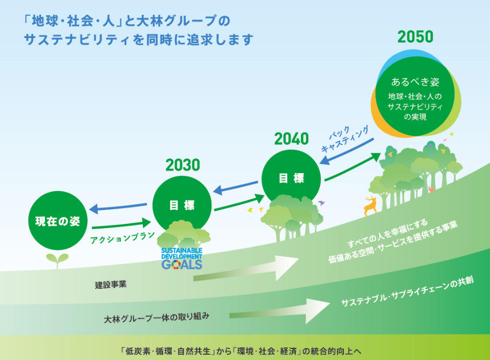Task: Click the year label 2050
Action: coord(416,37)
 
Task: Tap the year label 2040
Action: coord(291,139)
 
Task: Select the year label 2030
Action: coord(183,165)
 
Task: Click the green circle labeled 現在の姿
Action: coord(58,220)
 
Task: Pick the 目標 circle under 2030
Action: coord(182,205)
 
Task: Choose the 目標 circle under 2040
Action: coord(291,178)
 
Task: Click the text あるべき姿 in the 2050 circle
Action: coord(415,82)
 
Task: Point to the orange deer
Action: coord(371,206)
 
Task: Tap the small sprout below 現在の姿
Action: coord(57,260)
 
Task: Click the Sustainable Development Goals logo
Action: coord(182,259)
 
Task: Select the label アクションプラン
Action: coord(123,238)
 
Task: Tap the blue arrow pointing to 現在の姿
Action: coord(118,207)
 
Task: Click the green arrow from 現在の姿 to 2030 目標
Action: coord(121,224)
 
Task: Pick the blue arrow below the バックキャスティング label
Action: coord(346,151)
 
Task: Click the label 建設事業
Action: coord(111,285)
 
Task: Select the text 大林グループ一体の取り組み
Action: coord(156,318)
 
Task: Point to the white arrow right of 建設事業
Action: coord(246,269)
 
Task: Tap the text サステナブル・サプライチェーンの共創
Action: coord(408,291)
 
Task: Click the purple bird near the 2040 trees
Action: coord(321,203)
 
